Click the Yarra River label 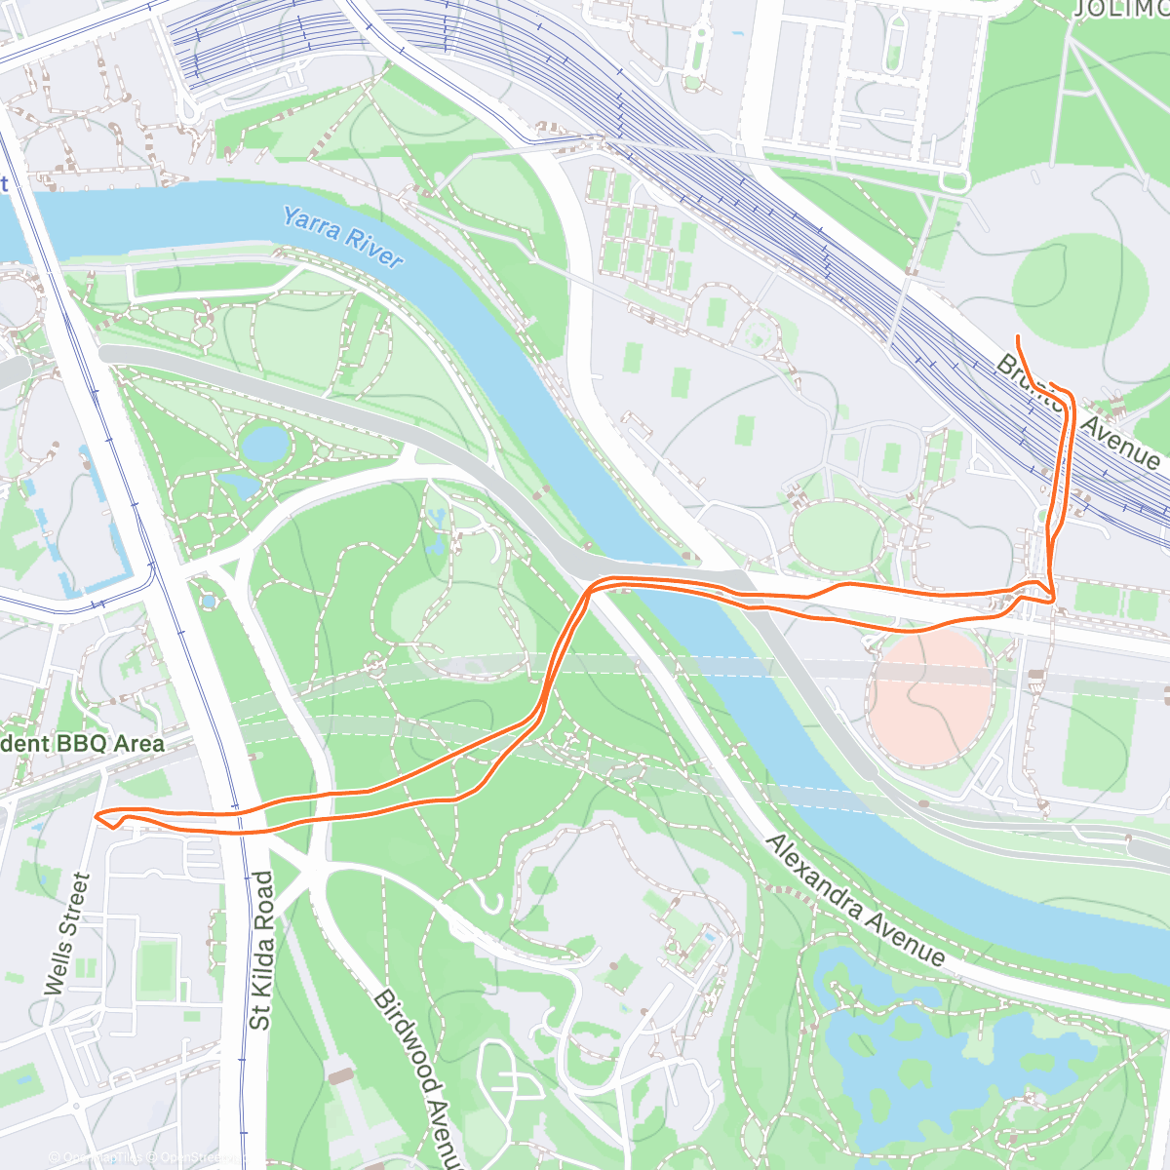[342, 237]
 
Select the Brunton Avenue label [1077, 409]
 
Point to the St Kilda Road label [260, 951]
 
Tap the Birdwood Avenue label [416, 1072]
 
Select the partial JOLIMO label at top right [1121, 10]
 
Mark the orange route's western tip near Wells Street [97, 815]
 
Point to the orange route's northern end [1018, 337]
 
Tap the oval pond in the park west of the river [264, 444]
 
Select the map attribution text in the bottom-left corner [146, 1157]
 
